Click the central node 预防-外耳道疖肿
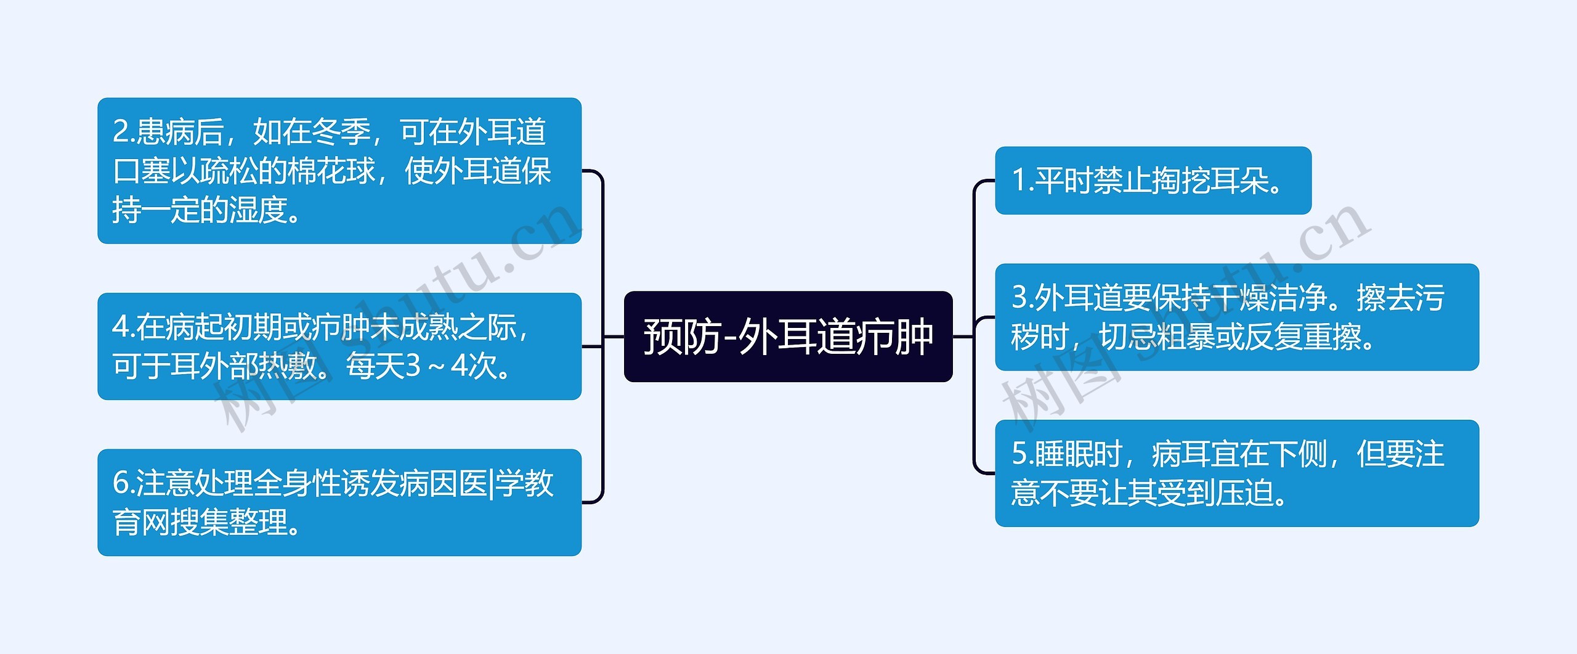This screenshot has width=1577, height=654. click(788, 337)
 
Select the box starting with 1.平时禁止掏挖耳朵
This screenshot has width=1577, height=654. click(1153, 181)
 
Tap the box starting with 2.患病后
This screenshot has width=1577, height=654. click(339, 171)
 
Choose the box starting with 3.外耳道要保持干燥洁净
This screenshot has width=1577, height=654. click(1236, 317)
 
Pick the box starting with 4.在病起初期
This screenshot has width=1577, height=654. click(339, 346)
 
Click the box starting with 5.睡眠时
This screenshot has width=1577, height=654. click(1236, 473)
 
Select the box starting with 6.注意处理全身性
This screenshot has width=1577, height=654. click(339, 502)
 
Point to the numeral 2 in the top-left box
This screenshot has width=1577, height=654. click(120, 132)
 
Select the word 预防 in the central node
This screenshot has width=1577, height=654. click(681, 337)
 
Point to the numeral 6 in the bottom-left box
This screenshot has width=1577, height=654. click(120, 483)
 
